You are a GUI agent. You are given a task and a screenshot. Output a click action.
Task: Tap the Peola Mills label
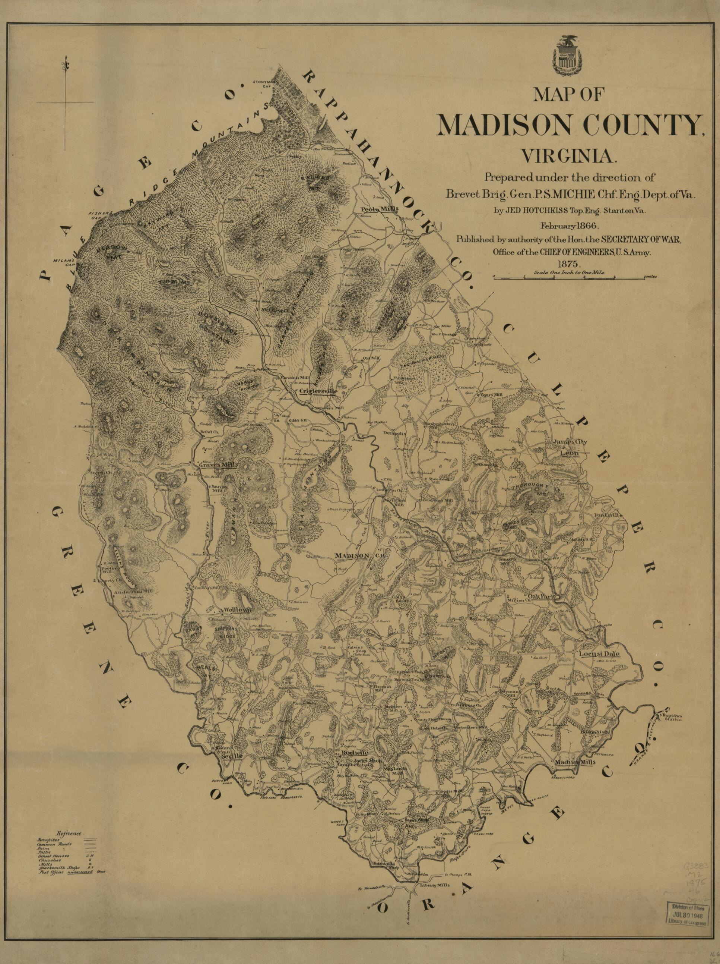click(x=380, y=209)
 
